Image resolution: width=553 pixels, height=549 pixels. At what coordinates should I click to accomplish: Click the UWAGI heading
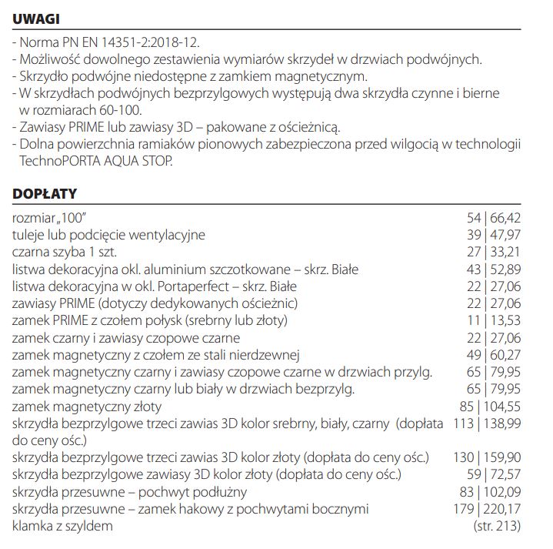point(37,18)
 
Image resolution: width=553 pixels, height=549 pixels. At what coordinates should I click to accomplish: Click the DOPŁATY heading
point(45,192)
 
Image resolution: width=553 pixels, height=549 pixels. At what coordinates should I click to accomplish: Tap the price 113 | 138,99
point(487,423)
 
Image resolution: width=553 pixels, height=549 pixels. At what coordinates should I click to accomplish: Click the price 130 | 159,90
point(487,457)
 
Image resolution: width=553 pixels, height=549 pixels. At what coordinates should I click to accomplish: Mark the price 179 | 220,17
point(487,509)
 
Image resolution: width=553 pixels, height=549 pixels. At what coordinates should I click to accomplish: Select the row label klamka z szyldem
point(62,526)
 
